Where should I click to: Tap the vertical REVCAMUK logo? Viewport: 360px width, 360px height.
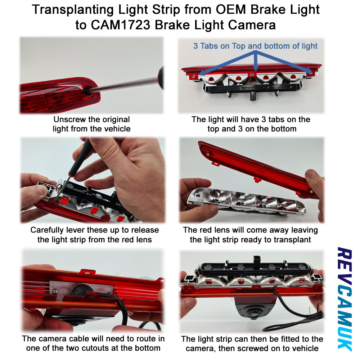345,298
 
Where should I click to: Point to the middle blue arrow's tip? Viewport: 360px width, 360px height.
256,71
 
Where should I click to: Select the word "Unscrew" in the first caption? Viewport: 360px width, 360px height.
68,120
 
